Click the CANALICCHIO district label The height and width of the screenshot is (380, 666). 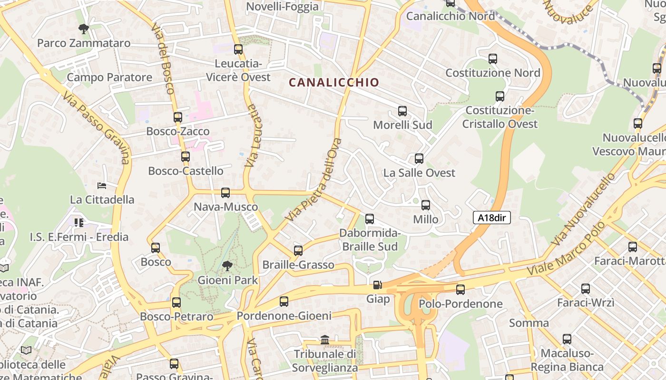[x=334, y=82]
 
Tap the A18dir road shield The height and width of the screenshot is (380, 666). [x=491, y=218]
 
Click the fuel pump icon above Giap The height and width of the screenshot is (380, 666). [x=377, y=285]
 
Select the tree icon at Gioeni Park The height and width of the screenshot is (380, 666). [x=227, y=266]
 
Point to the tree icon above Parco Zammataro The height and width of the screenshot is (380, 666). [x=84, y=29]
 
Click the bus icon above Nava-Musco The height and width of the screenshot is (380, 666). [x=225, y=193]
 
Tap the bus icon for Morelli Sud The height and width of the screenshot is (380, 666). [x=402, y=111]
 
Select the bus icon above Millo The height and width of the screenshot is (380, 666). [x=426, y=205]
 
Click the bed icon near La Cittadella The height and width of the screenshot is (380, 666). [x=101, y=185]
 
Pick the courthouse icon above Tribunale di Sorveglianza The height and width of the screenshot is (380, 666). [x=325, y=340]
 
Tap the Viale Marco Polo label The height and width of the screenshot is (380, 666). [x=566, y=249]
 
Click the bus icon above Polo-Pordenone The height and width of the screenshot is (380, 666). [x=460, y=289]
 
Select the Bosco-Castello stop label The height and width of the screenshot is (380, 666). [x=186, y=171]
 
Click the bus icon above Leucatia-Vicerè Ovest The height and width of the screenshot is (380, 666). [x=238, y=49]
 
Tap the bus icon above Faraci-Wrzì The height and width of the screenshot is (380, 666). [x=586, y=288]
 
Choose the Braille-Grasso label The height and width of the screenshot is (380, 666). [x=298, y=265]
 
